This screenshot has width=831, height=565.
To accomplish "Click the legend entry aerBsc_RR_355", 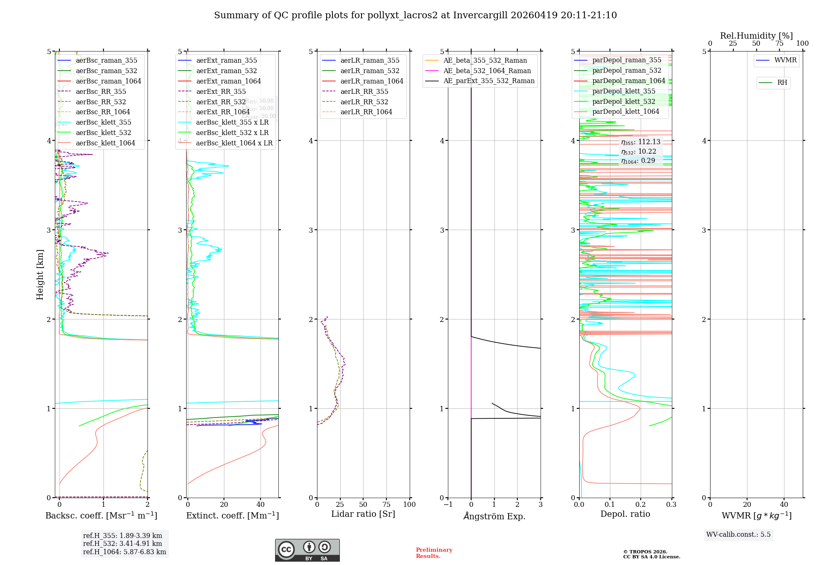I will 101,91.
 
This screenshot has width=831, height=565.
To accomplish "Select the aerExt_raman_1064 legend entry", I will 229,81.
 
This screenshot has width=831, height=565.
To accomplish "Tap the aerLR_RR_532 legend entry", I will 364,102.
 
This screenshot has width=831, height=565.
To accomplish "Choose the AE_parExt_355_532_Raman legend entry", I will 489,81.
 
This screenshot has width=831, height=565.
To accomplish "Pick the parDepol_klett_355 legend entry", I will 624,91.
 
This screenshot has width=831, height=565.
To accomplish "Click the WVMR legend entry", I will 785,60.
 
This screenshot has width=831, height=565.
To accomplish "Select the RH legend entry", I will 782,83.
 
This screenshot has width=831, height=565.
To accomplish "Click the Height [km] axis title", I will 40,275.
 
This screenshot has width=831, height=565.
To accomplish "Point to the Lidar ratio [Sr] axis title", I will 363,514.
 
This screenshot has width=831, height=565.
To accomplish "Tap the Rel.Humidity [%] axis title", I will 756,36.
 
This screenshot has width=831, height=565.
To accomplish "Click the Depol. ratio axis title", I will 625,514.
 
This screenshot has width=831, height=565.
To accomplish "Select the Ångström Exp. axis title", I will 494,516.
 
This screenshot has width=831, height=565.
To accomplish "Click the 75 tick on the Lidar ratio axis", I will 386,504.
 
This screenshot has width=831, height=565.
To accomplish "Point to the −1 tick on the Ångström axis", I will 447,504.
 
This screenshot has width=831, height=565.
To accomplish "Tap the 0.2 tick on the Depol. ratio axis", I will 641,504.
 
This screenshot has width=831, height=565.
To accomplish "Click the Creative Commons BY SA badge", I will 307,550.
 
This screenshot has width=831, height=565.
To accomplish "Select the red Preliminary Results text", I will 434,553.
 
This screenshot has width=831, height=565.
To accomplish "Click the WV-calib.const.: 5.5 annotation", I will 738,534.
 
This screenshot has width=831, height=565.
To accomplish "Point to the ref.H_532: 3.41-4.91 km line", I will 123,543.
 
